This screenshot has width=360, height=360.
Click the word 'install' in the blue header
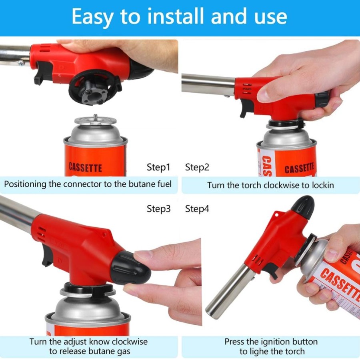176,16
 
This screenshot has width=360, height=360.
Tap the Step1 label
159,167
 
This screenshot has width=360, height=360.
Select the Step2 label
197,167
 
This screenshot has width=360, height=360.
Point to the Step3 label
159,209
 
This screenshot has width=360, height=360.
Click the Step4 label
197,209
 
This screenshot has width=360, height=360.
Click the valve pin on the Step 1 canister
96,117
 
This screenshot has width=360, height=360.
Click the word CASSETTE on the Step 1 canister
86,167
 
